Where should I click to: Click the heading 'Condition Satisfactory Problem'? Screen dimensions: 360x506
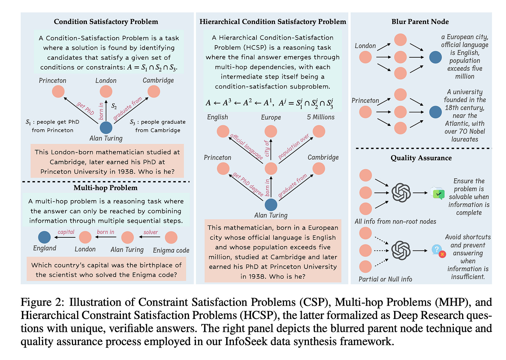106,22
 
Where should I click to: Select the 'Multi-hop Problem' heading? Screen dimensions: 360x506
105,188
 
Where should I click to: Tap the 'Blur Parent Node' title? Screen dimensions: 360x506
420,22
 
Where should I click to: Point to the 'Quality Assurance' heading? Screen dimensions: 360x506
421,158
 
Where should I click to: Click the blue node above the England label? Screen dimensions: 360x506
44,237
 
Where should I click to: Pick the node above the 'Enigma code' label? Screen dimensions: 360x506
171,238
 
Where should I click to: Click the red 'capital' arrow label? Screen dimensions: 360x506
66,232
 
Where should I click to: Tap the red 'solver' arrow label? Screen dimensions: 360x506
150,232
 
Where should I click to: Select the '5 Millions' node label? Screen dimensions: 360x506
320,117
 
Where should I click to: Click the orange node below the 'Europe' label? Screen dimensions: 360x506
271,131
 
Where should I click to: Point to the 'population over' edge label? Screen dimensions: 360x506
294,146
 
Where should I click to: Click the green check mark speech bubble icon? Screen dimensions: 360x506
438,193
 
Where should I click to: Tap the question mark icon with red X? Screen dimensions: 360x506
438,251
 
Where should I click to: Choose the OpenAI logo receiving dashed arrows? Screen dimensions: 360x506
401,250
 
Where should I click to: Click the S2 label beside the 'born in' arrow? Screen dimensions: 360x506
114,106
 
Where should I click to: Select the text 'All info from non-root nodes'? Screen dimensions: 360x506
395,221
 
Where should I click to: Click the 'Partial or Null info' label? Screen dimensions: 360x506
385,279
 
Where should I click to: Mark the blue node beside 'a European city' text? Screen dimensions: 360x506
435,57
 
